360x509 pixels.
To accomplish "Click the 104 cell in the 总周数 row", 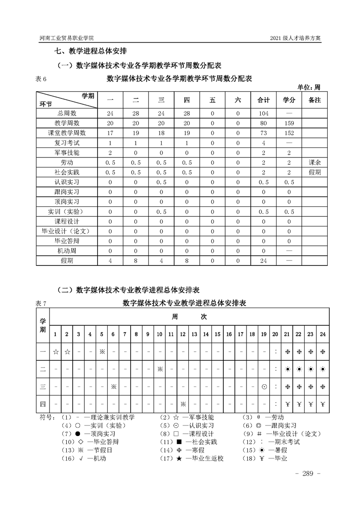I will click(x=264, y=113).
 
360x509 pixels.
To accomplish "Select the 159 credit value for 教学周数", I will click(x=289, y=123).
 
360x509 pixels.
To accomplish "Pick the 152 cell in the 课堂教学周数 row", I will click(x=289, y=133).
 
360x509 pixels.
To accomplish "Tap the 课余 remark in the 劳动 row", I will click(x=315, y=162).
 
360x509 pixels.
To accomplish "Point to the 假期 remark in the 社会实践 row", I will click(x=315, y=172).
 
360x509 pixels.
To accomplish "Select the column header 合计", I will click(x=264, y=100).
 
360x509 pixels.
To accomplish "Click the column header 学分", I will click(x=289, y=100).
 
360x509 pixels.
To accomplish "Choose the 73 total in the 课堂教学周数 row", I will click(x=264, y=133).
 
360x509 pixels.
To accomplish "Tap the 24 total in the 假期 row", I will click(x=264, y=261).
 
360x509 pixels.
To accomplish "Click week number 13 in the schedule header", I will click(x=194, y=334).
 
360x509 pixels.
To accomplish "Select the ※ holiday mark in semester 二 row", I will click(x=160, y=369).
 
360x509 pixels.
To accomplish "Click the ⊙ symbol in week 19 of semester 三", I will click(x=264, y=387).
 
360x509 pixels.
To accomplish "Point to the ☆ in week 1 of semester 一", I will click(x=55, y=352).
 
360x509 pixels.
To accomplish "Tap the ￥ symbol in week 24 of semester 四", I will click(x=322, y=404).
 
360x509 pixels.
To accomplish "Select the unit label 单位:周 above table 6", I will click(x=309, y=87).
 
